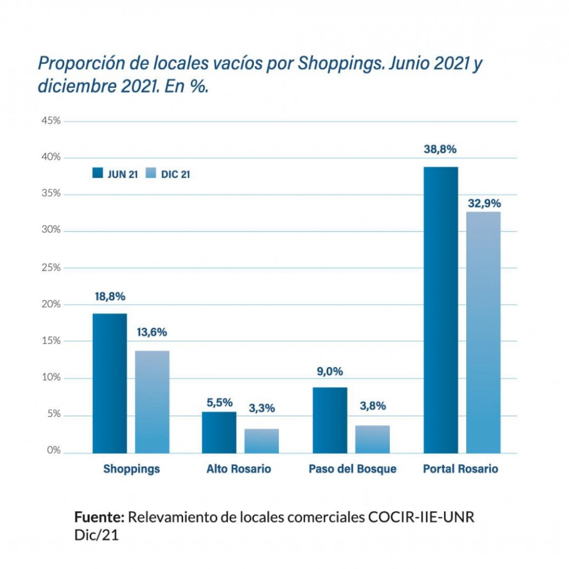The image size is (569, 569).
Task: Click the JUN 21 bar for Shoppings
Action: click(110, 383)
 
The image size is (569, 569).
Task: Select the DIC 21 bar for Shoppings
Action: click(152, 401)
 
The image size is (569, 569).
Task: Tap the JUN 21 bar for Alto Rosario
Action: click(219, 432)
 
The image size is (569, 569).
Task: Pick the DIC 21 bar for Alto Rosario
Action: click(261, 440)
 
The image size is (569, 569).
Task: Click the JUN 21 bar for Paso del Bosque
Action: click(330, 420)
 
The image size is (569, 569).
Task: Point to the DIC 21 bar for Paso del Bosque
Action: click(372, 439)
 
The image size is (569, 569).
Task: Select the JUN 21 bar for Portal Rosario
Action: click(440, 310)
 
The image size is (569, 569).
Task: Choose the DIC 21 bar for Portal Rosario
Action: click(483, 332)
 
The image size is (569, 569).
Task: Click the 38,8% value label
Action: click(440, 149)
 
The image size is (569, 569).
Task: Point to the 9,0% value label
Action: click(330, 371)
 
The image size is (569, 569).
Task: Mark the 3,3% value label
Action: click(262, 408)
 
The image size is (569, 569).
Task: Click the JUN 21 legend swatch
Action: click(97, 173)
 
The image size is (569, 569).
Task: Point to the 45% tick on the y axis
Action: click(51, 121)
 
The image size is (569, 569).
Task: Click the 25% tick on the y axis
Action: click(51, 268)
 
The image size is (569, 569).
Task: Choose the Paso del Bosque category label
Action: click(352, 469)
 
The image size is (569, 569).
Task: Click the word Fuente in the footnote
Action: click(99, 517)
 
